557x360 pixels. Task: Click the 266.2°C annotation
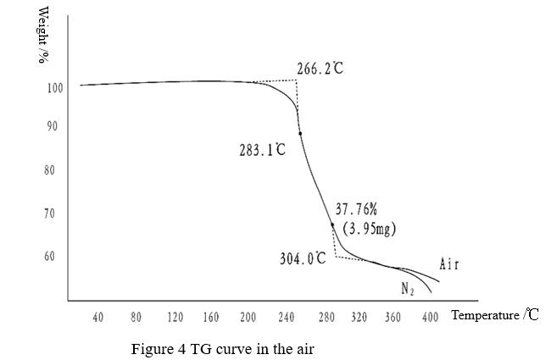click(320, 68)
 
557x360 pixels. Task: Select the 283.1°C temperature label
click(262, 150)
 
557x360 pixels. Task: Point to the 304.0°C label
click(303, 258)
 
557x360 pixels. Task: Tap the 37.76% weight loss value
click(356, 209)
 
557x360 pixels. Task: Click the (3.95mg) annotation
click(369, 229)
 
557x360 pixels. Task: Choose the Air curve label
click(449, 264)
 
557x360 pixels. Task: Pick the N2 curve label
click(408, 289)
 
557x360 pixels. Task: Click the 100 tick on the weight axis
click(55, 88)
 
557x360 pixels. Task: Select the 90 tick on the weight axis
click(52, 126)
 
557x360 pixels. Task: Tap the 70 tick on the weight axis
click(50, 213)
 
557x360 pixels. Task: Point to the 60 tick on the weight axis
click(50, 256)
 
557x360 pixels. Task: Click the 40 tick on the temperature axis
click(98, 317)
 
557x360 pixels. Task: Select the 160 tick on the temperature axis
click(211, 317)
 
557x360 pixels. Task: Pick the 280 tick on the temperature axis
click(326, 317)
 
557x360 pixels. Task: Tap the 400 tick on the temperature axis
click(430, 317)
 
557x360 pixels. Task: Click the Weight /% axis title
click(42, 35)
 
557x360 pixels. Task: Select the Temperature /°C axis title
click(495, 315)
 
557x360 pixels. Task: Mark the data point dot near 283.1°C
click(300, 134)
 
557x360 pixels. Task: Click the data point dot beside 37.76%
click(332, 224)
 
